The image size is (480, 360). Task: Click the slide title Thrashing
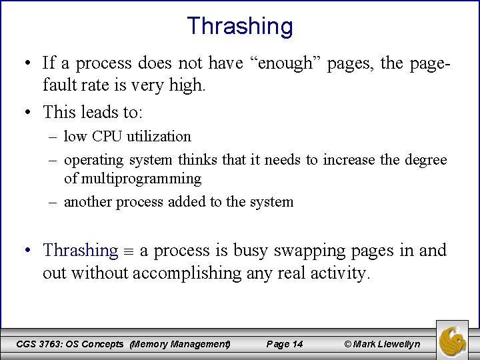point(240,26)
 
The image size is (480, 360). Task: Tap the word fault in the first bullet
point(59,85)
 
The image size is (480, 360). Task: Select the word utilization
point(159,137)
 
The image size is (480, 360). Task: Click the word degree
point(424,160)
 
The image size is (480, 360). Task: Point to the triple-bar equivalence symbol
point(129,251)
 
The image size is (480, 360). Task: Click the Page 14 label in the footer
point(284,344)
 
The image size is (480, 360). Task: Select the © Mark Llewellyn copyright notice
point(382,344)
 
